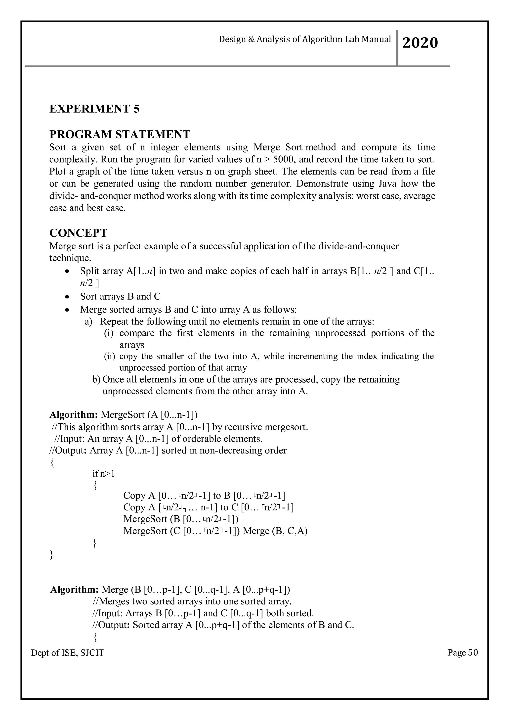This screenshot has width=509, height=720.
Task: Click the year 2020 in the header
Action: pyautogui.click(x=420, y=43)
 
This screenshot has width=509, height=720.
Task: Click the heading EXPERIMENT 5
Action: pyautogui.click(x=94, y=109)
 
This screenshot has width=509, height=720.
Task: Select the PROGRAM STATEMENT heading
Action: pyautogui.click(x=120, y=134)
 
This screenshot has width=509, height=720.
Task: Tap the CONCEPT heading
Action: pyautogui.click(x=78, y=233)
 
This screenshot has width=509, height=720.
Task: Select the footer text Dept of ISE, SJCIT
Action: pyautogui.click(x=67, y=653)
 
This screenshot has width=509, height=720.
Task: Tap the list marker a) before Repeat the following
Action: pyautogui.click(x=89, y=321)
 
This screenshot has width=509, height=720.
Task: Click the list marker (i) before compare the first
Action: pyautogui.click(x=109, y=333)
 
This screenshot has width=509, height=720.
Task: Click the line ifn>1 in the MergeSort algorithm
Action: pyautogui.click(x=103, y=474)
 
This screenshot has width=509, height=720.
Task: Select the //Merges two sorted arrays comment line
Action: pyautogui.click(x=192, y=601)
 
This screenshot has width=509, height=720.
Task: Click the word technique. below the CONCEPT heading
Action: pyautogui.click(x=70, y=258)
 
